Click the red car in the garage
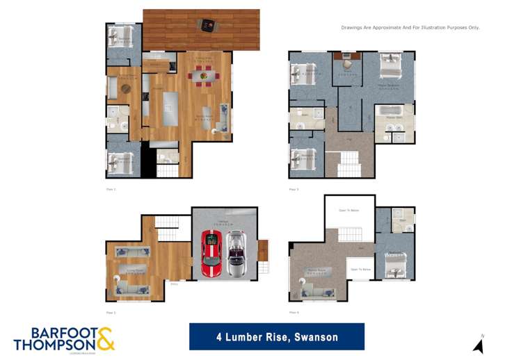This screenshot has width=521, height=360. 211,253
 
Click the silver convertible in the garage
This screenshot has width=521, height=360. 237,253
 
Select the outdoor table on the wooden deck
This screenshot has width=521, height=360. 207,26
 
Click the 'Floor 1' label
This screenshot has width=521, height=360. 110,188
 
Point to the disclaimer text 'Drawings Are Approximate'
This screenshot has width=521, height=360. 410,28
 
